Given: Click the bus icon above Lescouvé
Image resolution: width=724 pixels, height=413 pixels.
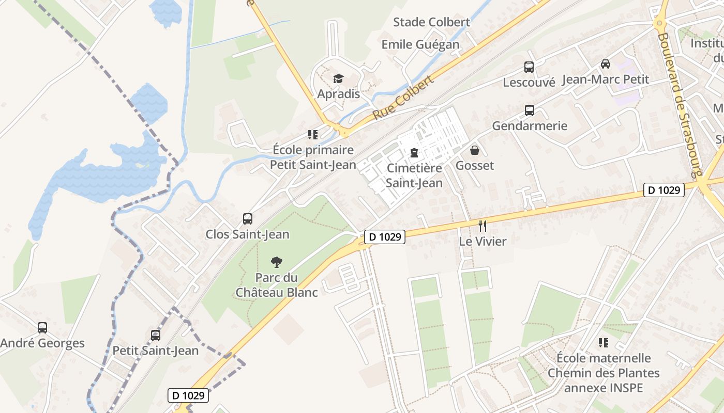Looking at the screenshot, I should click(529, 67).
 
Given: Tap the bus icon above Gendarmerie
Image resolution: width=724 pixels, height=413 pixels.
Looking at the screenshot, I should click(530, 110).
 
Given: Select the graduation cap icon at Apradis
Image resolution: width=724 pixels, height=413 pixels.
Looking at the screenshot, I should click(338, 78).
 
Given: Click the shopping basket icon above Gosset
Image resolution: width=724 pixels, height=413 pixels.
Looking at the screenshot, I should click(474, 150).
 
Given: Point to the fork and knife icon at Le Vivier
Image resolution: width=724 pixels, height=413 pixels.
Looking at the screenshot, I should click(482, 226).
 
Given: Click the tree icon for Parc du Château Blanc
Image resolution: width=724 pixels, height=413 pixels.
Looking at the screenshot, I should click(277, 262).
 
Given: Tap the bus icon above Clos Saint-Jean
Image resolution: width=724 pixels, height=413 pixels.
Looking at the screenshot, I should click(248, 218).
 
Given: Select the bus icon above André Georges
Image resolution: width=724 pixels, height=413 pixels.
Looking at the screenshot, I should click(42, 327).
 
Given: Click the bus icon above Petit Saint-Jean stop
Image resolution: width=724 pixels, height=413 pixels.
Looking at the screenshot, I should click(156, 335).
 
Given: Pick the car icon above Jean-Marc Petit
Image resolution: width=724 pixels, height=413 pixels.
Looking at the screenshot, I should click(605, 64).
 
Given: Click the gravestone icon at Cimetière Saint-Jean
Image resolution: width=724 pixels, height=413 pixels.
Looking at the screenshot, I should click(414, 152).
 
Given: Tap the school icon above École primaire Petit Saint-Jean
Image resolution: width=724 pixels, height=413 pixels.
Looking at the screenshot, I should click(313, 135).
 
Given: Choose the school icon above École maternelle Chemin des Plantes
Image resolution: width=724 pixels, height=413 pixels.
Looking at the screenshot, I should click(603, 342).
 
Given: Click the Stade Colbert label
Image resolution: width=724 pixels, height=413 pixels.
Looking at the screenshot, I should click(431, 22).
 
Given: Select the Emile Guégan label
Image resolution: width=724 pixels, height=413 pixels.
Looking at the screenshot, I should click(420, 45).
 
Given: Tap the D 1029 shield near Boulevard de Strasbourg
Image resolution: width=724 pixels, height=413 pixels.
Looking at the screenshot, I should click(664, 190).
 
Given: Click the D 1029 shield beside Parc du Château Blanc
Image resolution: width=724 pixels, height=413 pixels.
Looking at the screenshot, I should click(384, 237).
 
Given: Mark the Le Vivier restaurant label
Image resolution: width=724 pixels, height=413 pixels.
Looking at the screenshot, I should click(482, 241).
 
